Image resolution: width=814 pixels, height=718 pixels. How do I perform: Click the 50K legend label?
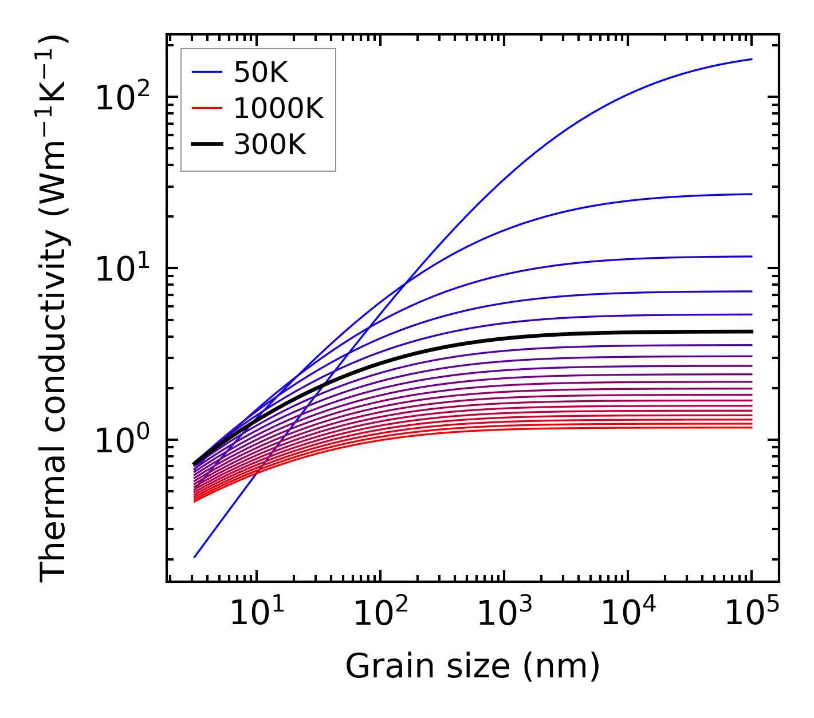coord(261,72)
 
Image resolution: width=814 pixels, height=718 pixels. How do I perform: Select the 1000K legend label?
coord(278,108)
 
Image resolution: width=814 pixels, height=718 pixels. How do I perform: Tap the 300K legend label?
coord(270,145)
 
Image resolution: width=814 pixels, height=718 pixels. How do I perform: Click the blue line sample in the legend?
coord(206,72)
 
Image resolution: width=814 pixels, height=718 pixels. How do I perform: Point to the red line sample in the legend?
coord(206,108)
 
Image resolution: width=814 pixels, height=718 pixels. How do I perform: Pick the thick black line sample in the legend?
coord(206,145)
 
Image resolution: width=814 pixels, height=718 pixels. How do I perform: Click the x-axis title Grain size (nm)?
coord(473,666)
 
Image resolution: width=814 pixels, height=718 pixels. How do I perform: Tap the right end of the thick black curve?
coord(752,332)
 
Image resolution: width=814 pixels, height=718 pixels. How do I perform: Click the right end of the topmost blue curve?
coord(752,59)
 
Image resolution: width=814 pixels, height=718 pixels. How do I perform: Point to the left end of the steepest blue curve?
coord(195,557)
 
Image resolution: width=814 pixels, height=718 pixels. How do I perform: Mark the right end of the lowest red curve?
coord(752,428)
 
